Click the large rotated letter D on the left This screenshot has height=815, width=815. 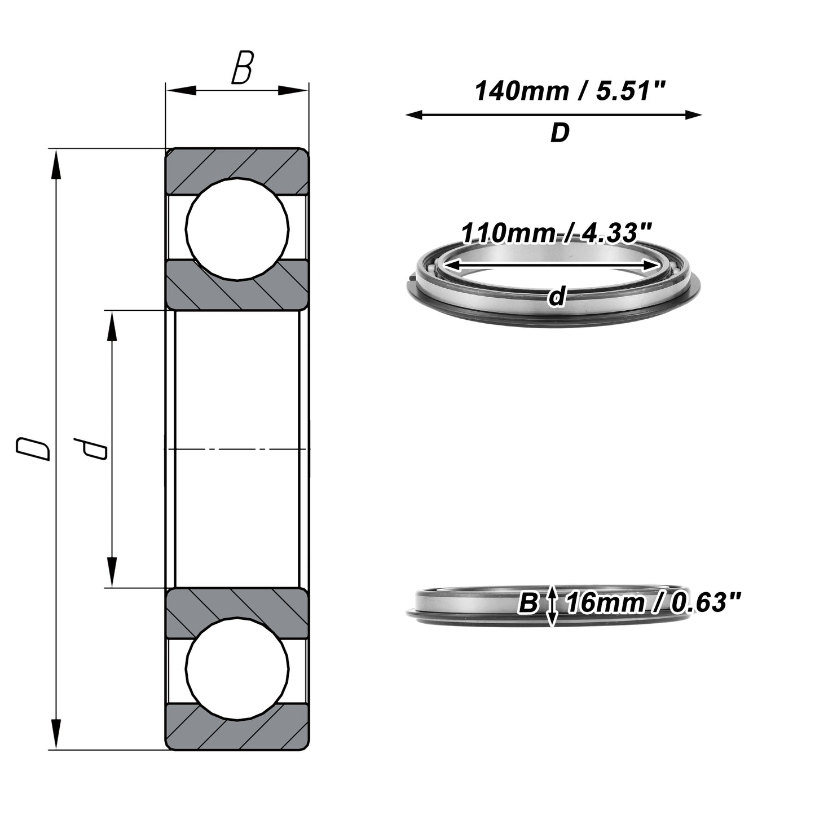[x=33, y=449]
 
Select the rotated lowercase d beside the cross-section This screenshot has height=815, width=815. [x=90, y=449]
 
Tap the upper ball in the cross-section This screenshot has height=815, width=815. [x=237, y=229]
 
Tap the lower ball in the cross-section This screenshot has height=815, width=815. [x=237, y=669]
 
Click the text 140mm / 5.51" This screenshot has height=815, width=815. [x=570, y=91]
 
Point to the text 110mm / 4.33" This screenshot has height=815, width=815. [x=556, y=233]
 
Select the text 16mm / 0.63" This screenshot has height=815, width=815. [x=653, y=602]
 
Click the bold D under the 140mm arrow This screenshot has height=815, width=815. [x=560, y=133]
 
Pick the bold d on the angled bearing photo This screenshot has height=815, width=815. [x=557, y=296]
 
